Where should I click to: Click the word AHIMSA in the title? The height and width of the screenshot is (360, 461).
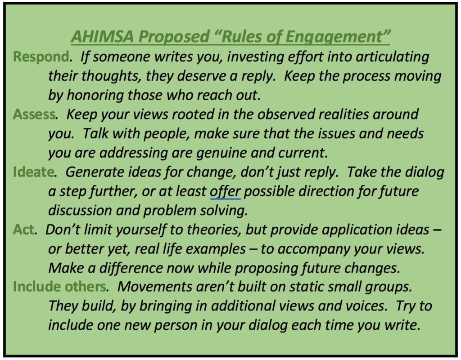(x=102, y=36)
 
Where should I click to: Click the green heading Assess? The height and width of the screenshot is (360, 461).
(x=34, y=114)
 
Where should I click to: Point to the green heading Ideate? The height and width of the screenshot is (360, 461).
(x=33, y=172)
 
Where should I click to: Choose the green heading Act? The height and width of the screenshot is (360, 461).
(x=24, y=230)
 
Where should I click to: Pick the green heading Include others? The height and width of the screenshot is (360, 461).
(x=60, y=287)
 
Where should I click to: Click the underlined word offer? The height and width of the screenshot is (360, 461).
(x=225, y=192)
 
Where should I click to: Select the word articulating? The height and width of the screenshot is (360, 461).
(x=393, y=57)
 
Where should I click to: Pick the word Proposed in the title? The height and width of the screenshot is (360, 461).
(x=174, y=37)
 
